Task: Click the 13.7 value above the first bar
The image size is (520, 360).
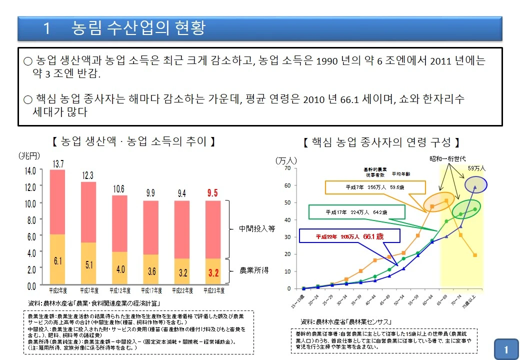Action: pos(58,164)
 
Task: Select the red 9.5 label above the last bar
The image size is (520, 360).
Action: pos(212,193)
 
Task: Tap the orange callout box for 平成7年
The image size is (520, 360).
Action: pos(375,187)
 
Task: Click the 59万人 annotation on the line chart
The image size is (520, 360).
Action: pos(476,168)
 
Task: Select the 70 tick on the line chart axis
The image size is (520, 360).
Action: pos(287,168)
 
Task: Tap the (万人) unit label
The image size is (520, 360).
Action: pos(286,160)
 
